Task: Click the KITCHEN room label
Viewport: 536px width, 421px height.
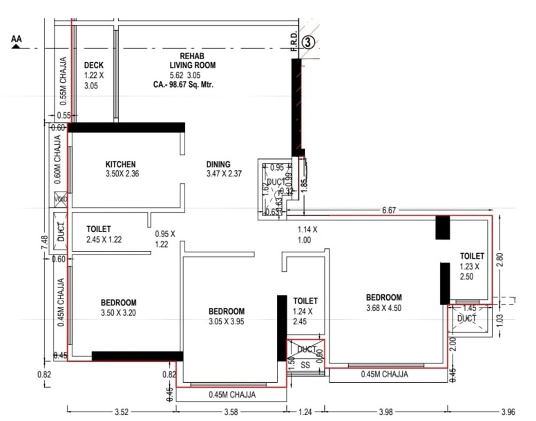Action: click(x=121, y=164)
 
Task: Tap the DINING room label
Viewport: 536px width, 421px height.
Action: click(x=218, y=164)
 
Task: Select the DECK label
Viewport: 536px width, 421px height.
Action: click(x=94, y=65)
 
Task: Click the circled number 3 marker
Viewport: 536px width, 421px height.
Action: click(x=308, y=42)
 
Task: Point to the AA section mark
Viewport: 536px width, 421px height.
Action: click(x=16, y=40)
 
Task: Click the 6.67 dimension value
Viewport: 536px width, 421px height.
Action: click(x=389, y=210)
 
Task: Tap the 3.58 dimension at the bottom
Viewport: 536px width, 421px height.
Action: click(x=231, y=412)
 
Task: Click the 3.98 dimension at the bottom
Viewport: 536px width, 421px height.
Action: click(x=386, y=412)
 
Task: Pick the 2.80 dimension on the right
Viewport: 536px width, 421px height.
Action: click(x=500, y=260)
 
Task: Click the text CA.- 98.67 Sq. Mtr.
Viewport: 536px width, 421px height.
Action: click(x=183, y=85)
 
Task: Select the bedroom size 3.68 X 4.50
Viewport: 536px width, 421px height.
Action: click(x=384, y=308)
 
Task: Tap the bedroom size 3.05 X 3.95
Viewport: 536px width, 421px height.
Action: click(x=226, y=321)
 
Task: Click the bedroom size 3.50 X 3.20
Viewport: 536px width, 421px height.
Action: click(x=118, y=313)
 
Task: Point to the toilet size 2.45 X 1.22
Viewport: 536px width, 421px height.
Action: click(x=104, y=240)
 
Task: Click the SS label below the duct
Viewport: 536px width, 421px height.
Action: click(x=305, y=365)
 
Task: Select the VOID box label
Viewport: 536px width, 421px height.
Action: click(x=60, y=199)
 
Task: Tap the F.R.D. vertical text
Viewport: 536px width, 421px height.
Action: click(x=294, y=41)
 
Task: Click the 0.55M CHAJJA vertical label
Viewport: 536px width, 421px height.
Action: click(x=63, y=81)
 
